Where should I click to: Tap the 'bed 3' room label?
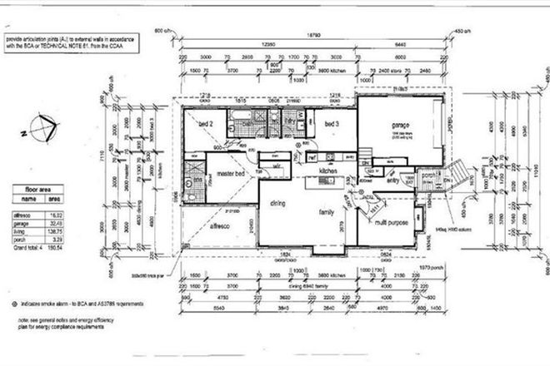[x=332, y=124]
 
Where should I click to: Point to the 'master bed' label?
[x=230, y=173]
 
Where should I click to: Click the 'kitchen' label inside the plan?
[x=321, y=171]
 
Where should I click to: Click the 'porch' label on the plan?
[x=429, y=175]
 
